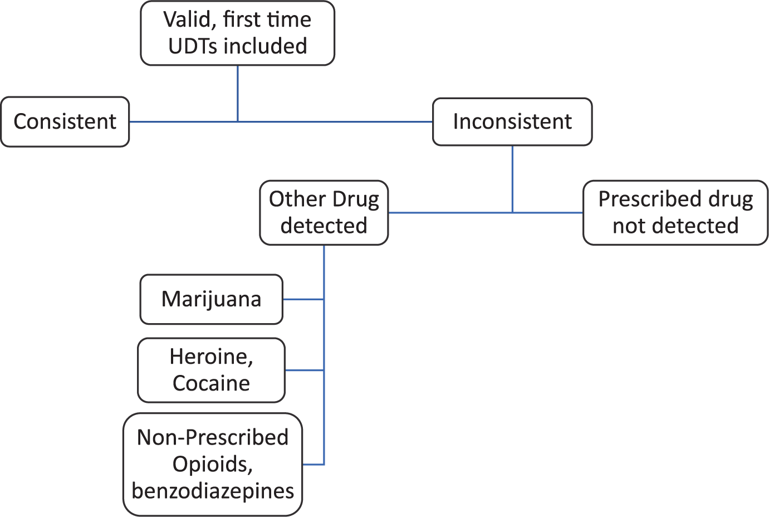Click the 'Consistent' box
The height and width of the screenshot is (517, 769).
(x=65, y=122)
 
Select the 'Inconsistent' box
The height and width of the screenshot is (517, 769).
(x=512, y=122)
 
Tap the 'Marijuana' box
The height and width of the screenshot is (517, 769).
(x=212, y=299)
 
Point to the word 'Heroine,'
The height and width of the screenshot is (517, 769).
(x=211, y=357)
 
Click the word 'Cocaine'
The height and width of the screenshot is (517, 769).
(x=211, y=383)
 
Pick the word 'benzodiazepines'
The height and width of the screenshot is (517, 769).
(x=213, y=491)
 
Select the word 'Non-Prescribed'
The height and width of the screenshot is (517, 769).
(x=213, y=438)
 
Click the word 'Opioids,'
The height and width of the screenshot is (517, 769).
(x=213, y=465)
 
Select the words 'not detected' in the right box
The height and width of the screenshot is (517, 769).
(x=675, y=226)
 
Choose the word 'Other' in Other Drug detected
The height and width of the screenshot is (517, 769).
(x=297, y=199)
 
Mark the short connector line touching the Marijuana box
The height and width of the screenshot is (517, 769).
(x=303, y=300)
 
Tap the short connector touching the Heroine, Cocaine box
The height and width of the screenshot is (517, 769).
(x=305, y=370)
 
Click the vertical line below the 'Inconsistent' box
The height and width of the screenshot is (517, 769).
(x=512, y=179)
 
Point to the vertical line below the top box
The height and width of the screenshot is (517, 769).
(x=238, y=94)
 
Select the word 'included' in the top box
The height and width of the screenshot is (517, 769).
(x=265, y=46)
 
